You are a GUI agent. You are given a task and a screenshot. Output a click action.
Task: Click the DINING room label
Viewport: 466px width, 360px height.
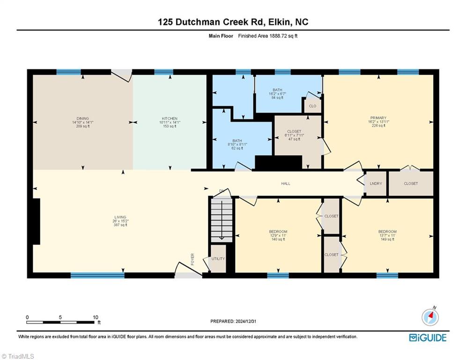point(83,119)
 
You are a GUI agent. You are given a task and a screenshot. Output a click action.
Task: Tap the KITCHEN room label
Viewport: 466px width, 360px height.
point(170,119)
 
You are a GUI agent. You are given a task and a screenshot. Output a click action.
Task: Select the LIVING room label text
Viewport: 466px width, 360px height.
point(120,217)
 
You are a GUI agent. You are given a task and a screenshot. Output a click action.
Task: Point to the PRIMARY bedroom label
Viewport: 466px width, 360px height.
point(378,118)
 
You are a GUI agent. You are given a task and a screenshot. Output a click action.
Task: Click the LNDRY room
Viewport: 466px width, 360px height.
point(376,183)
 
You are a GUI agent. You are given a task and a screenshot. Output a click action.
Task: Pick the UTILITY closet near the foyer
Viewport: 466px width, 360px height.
point(218,259)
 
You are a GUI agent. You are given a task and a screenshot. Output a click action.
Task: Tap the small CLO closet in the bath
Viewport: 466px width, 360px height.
point(312,106)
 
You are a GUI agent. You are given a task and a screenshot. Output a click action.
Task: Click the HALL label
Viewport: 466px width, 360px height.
point(285,183)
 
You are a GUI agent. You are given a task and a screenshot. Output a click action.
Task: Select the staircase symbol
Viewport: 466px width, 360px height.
point(222,219)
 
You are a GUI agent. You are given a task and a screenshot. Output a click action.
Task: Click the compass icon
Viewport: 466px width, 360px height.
point(430,317)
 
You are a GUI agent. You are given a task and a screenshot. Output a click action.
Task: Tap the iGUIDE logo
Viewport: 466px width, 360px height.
point(427,337)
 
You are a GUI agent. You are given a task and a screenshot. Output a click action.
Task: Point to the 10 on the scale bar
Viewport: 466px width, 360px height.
point(96,317)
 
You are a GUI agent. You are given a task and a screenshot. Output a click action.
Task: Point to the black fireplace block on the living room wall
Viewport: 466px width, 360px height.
point(36,221)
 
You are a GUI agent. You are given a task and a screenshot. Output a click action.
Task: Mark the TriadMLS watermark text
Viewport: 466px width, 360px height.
point(19,356)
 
